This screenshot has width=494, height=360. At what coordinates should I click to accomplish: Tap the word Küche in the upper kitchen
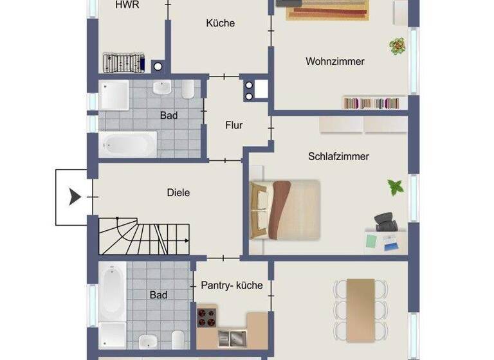tap(220, 23)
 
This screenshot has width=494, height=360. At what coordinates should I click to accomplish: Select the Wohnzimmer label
tap(334, 62)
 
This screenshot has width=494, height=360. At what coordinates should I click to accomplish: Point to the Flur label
tap(234, 125)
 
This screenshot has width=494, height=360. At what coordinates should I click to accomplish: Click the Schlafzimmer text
tap(338, 156)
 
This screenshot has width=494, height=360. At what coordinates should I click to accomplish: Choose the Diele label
tap(178, 192)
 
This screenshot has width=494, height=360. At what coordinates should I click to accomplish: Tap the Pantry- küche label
tap(232, 285)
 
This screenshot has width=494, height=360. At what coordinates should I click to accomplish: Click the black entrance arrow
tap(75, 197)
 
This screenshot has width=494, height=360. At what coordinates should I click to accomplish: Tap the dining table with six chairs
tap(360, 309)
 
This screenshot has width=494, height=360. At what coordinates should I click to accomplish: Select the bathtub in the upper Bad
tap(127, 144)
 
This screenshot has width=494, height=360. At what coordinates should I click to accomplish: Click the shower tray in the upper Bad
tap(114, 94)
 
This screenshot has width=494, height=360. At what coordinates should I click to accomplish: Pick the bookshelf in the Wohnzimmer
tap(374, 103)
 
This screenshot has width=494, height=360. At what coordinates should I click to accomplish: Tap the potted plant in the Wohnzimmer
tap(397, 46)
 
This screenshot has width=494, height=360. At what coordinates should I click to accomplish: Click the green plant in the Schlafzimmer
tap(394, 188)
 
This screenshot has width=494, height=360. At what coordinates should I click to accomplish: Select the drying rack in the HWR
tap(122, 63)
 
